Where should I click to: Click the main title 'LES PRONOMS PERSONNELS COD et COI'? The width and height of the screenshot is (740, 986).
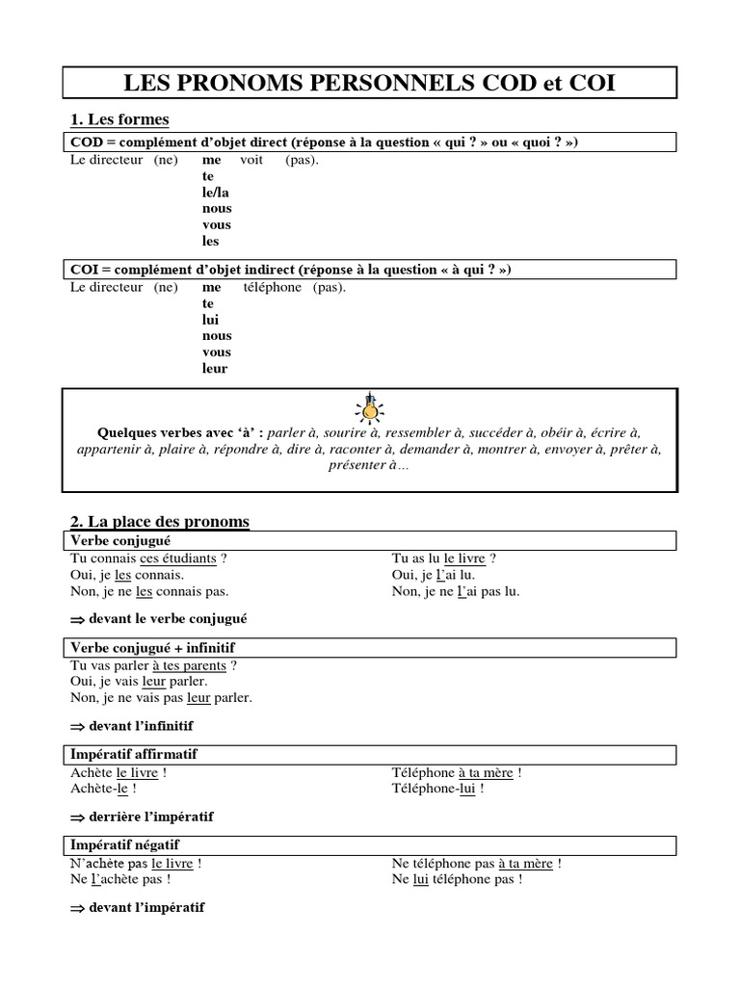370,83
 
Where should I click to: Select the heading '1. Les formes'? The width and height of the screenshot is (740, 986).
119,119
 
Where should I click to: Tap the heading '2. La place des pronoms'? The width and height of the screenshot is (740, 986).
160,522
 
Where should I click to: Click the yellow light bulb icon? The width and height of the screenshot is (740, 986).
368,406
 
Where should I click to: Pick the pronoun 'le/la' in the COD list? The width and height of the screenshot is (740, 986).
216,193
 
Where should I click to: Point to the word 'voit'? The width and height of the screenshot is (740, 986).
251,160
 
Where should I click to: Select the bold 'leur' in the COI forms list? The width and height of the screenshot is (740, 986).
215,369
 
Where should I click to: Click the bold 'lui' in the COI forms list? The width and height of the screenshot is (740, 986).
211,320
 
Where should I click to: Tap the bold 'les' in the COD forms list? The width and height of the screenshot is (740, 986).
211,242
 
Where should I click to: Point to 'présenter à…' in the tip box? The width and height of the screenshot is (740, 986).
369,465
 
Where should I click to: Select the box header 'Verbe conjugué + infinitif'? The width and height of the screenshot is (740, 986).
152,648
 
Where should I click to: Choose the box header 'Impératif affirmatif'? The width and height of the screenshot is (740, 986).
134,754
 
